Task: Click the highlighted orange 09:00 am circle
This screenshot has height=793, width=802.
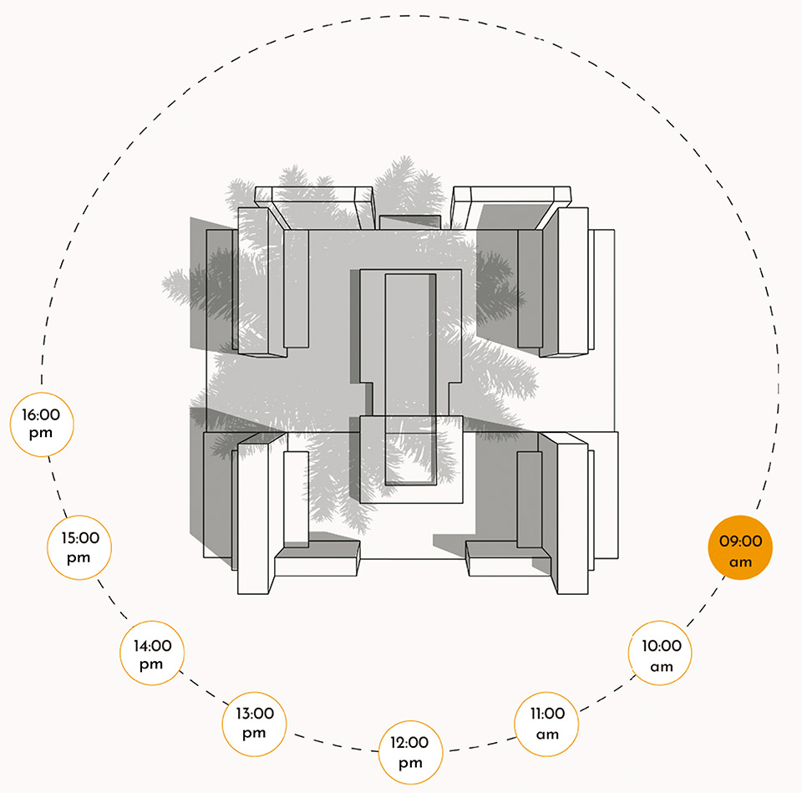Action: pyautogui.click(x=740, y=548)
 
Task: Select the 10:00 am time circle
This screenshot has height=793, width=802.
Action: pyautogui.click(x=660, y=653)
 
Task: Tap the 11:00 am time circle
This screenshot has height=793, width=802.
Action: pyautogui.click(x=546, y=724)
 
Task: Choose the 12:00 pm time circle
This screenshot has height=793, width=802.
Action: pyautogui.click(x=410, y=753)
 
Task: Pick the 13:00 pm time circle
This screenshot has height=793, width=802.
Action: pyautogui.click(x=254, y=724)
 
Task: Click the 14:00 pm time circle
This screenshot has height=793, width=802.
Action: pyautogui.click(x=152, y=653)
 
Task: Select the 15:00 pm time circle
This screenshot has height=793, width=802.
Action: pyautogui.click(x=79, y=548)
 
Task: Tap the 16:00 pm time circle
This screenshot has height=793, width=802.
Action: pyautogui.click(x=42, y=424)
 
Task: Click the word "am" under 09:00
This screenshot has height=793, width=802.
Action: pyautogui.click(x=740, y=562)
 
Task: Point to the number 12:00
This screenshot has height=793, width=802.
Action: pyautogui.click(x=409, y=742)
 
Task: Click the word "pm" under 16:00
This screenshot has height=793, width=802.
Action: pyautogui.click(x=41, y=434)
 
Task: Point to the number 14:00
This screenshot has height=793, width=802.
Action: pyautogui.click(x=152, y=646)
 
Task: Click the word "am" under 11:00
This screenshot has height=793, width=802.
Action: pyautogui.click(x=547, y=735)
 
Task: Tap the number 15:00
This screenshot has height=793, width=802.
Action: pyautogui.click(x=80, y=537)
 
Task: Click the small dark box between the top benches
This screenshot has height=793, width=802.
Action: pyautogui.click(x=409, y=222)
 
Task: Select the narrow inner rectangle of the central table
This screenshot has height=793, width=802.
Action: pyautogui.click(x=411, y=379)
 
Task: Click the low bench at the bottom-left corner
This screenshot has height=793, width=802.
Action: pyautogui.click(x=317, y=558)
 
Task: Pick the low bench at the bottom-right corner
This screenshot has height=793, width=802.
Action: pyautogui.click(x=509, y=558)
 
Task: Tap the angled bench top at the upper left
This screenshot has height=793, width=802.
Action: pyautogui.click(x=314, y=208)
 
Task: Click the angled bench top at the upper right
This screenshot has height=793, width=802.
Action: pyautogui.click(x=510, y=208)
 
